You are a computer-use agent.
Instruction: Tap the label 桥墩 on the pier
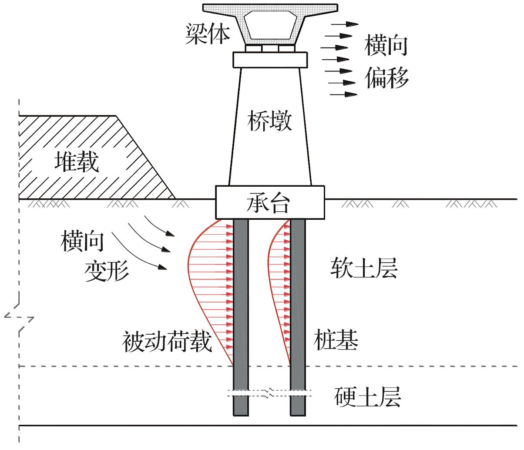click(269, 121)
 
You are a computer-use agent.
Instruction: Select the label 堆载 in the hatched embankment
click(77, 162)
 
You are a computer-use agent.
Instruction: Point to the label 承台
click(270, 202)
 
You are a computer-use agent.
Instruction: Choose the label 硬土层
click(368, 396)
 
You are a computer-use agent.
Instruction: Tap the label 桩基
click(336, 341)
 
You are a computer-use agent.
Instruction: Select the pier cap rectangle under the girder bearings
click(270, 60)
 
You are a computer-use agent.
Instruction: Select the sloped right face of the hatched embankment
click(146, 157)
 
